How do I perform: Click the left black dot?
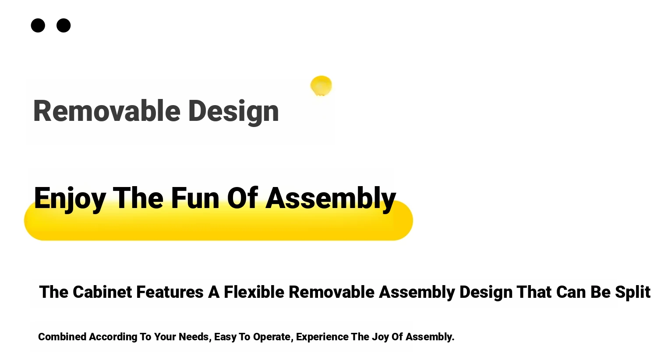click(38, 25)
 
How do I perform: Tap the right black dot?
click(64, 25)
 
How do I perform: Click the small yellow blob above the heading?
click(321, 85)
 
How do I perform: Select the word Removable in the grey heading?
click(107, 111)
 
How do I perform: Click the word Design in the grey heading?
click(233, 113)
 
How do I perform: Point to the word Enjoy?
click(70, 199)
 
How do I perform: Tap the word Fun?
click(195, 198)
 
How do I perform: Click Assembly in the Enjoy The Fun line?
click(331, 199)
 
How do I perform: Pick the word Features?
click(170, 292)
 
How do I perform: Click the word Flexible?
click(254, 292)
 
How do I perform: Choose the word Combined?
click(62, 337)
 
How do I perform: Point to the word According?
click(113, 337)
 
